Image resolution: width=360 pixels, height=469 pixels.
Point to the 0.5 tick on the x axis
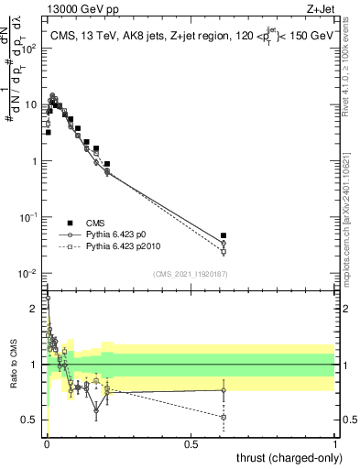pyautogui.click(x=191, y=442)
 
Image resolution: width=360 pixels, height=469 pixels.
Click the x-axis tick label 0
pyautogui.click(x=47, y=442)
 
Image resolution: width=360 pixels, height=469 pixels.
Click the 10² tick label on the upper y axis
pyautogui.click(x=30, y=48)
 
